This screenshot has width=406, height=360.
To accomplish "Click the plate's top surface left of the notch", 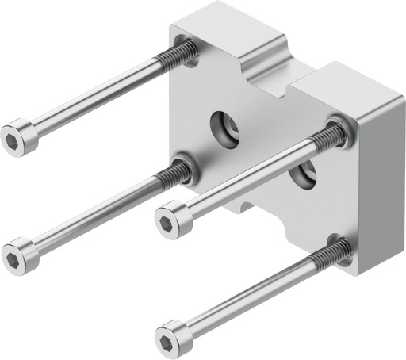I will pyautogui.click(x=230, y=32).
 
